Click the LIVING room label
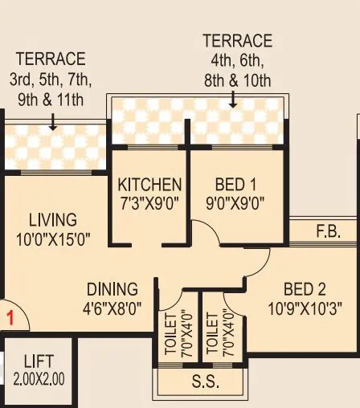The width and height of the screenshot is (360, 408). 53,219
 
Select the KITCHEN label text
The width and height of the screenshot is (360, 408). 149,185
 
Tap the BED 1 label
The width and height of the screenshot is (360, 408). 236,185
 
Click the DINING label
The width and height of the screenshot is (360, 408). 112,289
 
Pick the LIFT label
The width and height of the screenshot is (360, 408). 39,361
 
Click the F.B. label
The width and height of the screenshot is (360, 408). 328,233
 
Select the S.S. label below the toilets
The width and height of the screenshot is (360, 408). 206,382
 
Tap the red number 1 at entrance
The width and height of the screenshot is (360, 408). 11,317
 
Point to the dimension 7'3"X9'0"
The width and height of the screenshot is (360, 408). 149,202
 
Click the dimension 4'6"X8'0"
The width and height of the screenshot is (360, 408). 112,307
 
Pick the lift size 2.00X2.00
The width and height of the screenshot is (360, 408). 39,378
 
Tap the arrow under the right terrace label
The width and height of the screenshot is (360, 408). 233,100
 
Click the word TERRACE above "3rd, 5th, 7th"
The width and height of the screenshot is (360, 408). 51,59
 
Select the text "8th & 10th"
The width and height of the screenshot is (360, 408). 237,81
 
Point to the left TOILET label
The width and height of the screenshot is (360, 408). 171,333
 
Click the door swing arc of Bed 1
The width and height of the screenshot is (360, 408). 208,233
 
